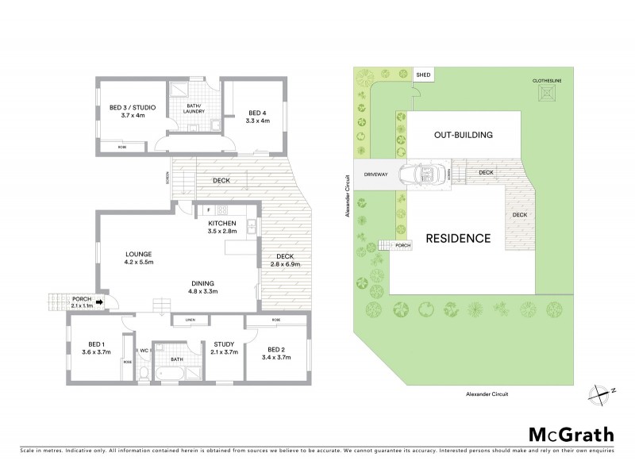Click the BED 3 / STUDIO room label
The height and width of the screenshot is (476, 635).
[x=133, y=112]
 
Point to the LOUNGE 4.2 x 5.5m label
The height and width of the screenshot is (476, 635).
[x=138, y=258]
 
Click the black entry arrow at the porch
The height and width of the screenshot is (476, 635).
[x=99, y=301]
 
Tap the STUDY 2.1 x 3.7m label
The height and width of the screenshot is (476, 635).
[x=224, y=348]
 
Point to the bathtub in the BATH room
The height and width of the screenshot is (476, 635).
[x=171, y=372]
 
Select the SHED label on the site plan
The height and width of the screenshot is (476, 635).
[x=424, y=75]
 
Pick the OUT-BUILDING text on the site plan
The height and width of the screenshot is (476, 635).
[x=464, y=135]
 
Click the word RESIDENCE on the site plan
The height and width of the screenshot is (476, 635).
[x=458, y=238]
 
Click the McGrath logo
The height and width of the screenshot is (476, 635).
[x=571, y=434]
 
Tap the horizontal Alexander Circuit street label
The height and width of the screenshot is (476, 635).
[x=487, y=393]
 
